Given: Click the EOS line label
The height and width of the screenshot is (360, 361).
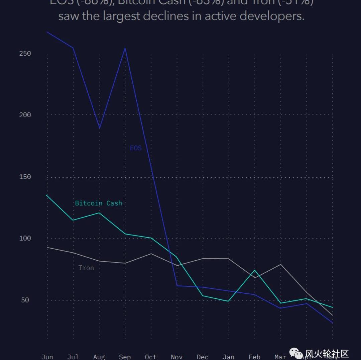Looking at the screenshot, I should point(136,148).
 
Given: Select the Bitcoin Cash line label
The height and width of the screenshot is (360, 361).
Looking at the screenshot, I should point(98,203).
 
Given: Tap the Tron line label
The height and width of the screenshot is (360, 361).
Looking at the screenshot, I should point(86,268).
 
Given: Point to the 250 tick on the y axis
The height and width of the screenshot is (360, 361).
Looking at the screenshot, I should point(25,54).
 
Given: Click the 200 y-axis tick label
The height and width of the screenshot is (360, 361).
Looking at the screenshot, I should point(25,115).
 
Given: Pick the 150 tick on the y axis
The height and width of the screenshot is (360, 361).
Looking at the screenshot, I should point(25,177).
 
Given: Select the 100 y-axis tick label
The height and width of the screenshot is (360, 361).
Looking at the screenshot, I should point(25,238).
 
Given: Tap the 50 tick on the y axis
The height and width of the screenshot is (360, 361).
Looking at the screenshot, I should point(25,300).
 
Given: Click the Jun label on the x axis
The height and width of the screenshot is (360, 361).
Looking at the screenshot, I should point(47,357).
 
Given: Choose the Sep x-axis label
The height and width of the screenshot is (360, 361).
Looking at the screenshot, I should point(125,357).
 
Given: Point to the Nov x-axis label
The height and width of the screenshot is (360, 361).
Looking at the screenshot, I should point(176,357).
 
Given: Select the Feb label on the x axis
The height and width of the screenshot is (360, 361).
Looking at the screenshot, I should point(254,357).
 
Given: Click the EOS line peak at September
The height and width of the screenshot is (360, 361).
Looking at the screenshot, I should point(125,49).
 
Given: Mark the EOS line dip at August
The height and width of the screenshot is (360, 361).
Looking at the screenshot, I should point(99,128).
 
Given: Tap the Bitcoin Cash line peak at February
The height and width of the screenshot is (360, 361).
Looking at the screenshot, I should point(255,270).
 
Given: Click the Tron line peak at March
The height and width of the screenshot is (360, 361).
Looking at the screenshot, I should point(281,264).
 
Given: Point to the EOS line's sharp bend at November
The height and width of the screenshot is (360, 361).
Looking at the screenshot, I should point(176,285).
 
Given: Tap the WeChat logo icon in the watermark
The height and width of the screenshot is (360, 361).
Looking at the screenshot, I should point(296,353).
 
